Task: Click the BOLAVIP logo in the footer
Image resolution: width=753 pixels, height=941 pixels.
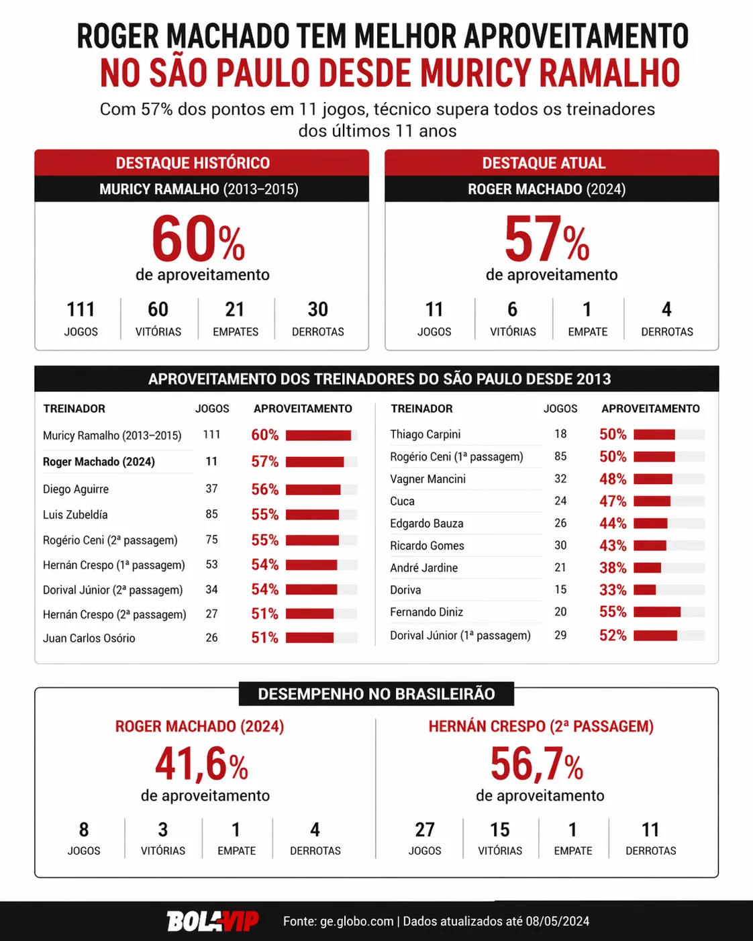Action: coord(212,921)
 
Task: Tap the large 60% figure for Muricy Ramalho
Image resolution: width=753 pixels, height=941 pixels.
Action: coord(198,239)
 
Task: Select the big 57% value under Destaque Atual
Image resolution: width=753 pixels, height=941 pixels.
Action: coord(547,239)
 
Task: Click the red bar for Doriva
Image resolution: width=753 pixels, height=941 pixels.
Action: coord(644,590)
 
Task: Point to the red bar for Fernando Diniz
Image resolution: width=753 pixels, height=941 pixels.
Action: coord(656,612)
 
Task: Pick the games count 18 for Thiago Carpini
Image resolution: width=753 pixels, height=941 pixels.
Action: coord(560,434)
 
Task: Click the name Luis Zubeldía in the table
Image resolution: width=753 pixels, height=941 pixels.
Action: coord(75,515)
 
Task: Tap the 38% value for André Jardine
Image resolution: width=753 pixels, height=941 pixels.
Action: coord(613,568)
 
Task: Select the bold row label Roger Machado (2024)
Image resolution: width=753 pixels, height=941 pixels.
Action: coord(99,462)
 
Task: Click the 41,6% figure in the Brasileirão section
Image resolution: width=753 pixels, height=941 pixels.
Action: coord(201,764)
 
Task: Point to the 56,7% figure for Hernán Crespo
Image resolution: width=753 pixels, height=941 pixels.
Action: coord(536,764)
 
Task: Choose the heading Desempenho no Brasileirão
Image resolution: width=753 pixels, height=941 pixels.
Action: coord(376,694)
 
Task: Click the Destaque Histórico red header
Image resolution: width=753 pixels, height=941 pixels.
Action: coord(193,163)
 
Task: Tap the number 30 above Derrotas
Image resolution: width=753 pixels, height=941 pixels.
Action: coord(317,309)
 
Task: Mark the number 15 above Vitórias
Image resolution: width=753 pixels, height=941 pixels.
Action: coord(499,830)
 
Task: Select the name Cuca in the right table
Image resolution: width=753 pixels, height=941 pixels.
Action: coord(402,501)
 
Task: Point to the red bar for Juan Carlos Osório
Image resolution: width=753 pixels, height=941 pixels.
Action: coord(309,638)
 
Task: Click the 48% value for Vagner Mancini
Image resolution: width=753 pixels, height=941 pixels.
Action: coord(613,479)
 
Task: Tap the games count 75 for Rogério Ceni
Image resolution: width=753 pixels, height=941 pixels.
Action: coord(211,540)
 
